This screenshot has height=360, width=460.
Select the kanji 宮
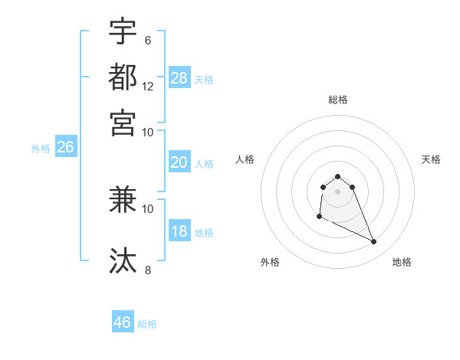coord(123,123)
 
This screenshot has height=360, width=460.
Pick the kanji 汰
coord(123,260)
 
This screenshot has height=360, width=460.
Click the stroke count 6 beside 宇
coord(148,40)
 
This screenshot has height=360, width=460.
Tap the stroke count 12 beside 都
coord(148,86)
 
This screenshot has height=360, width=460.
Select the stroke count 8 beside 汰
coord(148,270)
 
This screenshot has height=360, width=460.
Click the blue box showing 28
coord(179,77)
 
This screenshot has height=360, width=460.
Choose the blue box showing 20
coord(179,162)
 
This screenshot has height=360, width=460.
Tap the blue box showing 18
coord(179,232)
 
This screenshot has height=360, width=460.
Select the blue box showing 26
coord(65,148)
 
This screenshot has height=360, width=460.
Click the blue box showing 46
coord(123,322)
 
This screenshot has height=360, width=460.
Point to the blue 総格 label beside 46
coord(147,324)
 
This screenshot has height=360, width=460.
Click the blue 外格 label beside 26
coord(41,149)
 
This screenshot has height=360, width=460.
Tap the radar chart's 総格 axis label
coord(337,100)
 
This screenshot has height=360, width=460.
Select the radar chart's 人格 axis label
coord(245,159)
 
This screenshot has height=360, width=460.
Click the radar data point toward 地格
coord(374,242)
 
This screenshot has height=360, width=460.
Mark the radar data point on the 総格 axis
coord(337,176)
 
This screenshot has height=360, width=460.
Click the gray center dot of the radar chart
coord(337,191)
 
